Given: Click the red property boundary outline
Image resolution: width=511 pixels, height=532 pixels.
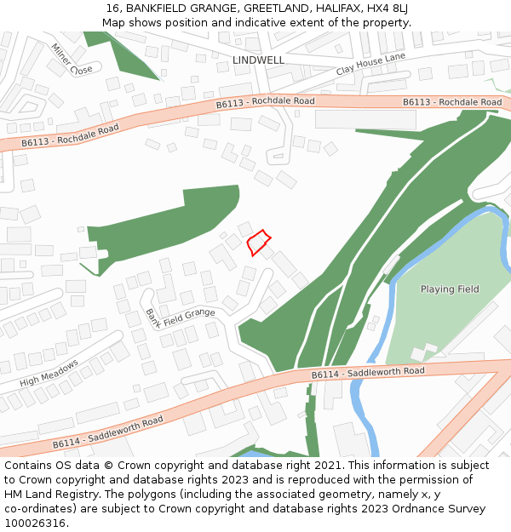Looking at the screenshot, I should click(x=259, y=242).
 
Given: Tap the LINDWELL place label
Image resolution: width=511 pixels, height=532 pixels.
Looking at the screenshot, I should click(x=258, y=60).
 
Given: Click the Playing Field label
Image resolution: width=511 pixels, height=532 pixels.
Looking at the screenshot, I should click(x=450, y=289).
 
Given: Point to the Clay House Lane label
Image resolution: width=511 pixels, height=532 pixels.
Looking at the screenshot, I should click(x=370, y=64).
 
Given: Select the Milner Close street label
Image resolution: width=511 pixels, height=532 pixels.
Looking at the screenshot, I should click(x=71, y=59).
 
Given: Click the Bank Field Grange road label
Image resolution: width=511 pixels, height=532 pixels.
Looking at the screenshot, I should click(x=179, y=317).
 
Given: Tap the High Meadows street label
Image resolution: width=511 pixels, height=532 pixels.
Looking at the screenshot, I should click(x=49, y=373).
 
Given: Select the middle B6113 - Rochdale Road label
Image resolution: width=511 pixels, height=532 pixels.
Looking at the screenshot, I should click(x=265, y=102).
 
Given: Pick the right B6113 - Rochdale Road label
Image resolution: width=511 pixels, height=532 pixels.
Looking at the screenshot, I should click(x=452, y=102).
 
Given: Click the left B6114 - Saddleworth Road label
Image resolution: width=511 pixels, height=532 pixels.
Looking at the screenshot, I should click(x=107, y=432).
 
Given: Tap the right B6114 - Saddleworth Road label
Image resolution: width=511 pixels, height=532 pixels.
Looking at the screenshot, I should click(x=368, y=373).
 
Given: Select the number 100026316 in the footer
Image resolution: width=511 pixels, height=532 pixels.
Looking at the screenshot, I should click(x=37, y=523).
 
